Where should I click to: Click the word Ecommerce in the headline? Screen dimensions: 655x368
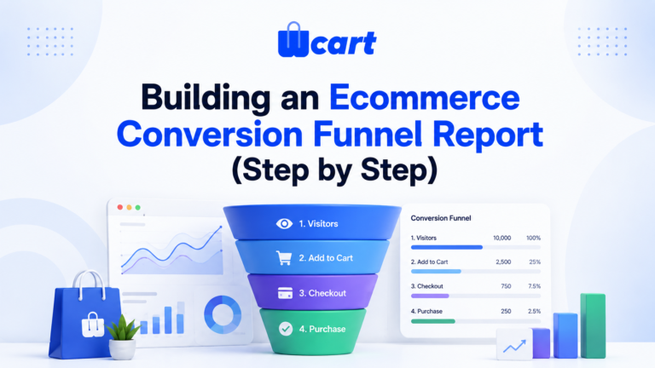pyautogui.click(x=425, y=97)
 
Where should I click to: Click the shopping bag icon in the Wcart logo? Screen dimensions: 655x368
pyautogui.click(x=293, y=40)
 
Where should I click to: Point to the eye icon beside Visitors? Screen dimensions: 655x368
pyautogui.click(x=284, y=224)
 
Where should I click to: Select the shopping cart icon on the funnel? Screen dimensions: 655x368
pyautogui.click(x=284, y=258)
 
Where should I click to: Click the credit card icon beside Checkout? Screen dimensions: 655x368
pyautogui.click(x=286, y=293)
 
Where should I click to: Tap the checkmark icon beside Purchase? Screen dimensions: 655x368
pyautogui.click(x=286, y=329)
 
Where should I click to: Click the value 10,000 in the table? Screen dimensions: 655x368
pyautogui.click(x=501, y=238)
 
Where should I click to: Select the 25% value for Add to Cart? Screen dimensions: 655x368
pyautogui.click(x=535, y=262)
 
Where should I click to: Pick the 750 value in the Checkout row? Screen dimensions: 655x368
pyautogui.click(x=506, y=286)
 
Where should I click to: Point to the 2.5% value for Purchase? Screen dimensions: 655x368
pyautogui.click(x=534, y=311)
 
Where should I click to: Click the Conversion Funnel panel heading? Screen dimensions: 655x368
pyautogui.click(x=441, y=218)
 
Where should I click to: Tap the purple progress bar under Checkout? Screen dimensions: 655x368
pyautogui.click(x=430, y=296)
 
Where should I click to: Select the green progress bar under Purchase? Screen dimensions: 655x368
pyautogui.click(x=432, y=321)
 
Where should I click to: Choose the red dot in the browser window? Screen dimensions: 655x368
pyautogui.click(x=120, y=207)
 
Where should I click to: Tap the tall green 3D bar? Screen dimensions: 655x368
pyautogui.click(x=593, y=325)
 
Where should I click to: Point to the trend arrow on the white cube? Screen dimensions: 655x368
pyautogui.click(x=514, y=346)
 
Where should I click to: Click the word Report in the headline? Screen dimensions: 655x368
pyautogui.click(x=488, y=135)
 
